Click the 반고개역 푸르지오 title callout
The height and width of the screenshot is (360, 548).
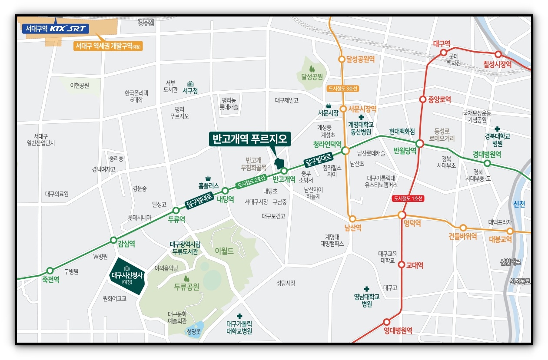coord(250,139)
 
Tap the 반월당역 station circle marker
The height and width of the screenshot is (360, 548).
coord(420,143)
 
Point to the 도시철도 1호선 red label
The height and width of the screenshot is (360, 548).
coord(408,198)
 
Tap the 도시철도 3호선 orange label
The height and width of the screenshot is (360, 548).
coord(343,89)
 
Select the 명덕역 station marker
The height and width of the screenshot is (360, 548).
coord(402,215)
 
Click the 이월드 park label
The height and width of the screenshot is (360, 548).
coord(224,251)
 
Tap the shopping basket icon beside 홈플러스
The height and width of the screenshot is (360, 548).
coord(208,178)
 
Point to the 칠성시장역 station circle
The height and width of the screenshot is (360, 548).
coord(498,54)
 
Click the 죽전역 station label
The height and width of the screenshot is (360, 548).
coord(51,280)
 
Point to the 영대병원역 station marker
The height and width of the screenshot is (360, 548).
coord(387,322)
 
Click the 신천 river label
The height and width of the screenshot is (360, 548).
coord(519,204)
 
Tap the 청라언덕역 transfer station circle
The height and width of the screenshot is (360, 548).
coord(345,151)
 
